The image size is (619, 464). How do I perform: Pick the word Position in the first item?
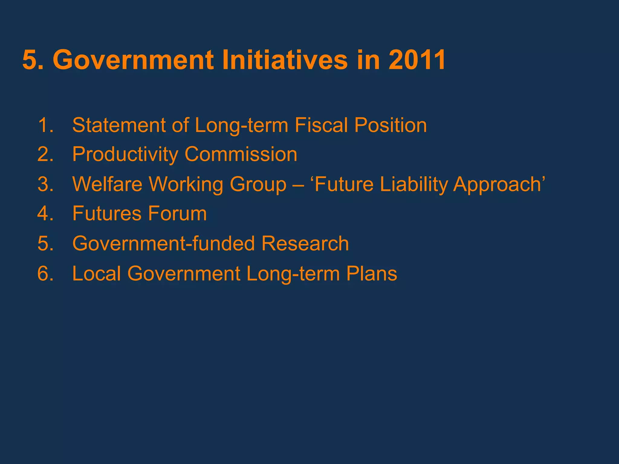[391, 125]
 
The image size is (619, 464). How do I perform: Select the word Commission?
[241, 154]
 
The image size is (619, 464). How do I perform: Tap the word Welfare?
[107, 184]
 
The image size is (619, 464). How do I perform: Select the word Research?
[305, 243]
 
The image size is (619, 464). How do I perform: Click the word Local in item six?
[97, 273]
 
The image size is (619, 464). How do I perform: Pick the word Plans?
[371, 273]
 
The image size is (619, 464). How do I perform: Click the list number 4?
[45, 214]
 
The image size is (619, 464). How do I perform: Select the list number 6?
[45, 273]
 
